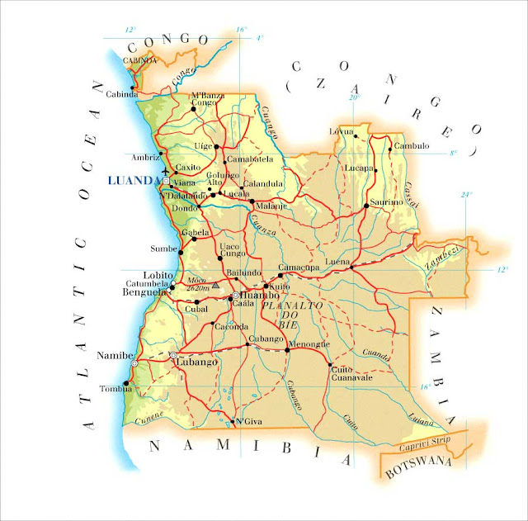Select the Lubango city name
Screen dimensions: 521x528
pyautogui.click(x=199, y=362)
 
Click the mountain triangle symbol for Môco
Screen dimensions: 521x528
pyautogui.click(x=216, y=284)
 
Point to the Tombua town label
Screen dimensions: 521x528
pyautogui.click(x=113, y=389)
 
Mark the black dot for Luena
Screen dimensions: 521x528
pyautogui.click(x=351, y=267)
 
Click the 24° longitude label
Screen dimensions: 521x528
pyautogui.click(x=467, y=195)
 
